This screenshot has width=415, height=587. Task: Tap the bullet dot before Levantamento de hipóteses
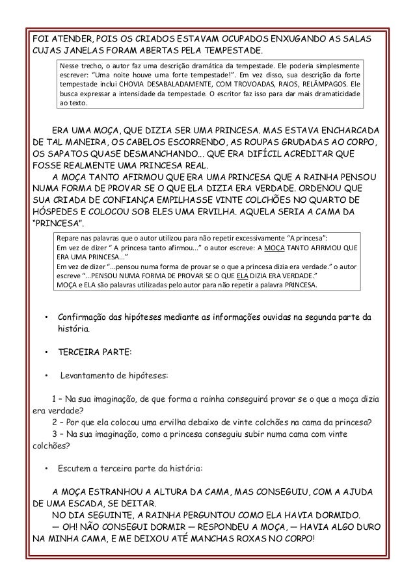(x=47, y=376)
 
